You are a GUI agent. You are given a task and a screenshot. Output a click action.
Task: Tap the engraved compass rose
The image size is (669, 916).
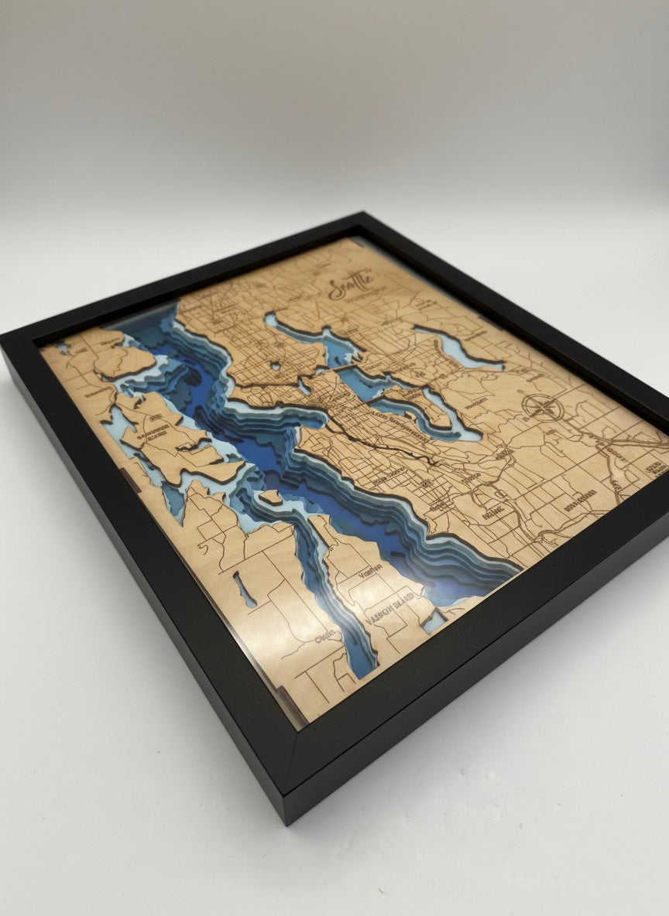(x=543, y=407)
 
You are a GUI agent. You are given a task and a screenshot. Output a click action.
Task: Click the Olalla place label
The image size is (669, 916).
(x=328, y=634)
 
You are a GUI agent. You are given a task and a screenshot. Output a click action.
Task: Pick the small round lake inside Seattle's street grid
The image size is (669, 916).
(x=275, y=364)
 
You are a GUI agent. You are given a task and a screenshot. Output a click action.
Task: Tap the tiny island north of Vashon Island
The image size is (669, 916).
(x=270, y=496)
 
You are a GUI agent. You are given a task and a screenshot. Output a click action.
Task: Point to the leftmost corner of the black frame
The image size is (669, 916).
(x=8, y=340)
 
